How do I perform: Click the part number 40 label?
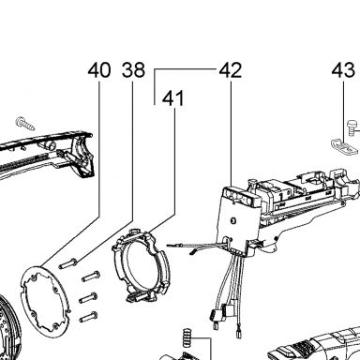point(99,70)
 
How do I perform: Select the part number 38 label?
point(133,70)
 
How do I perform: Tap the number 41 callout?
point(173,98)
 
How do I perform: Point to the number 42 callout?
point(231,70)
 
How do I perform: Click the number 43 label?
point(343,70)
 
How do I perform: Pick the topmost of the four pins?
point(67,263)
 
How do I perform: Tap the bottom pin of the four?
point(88,317)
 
